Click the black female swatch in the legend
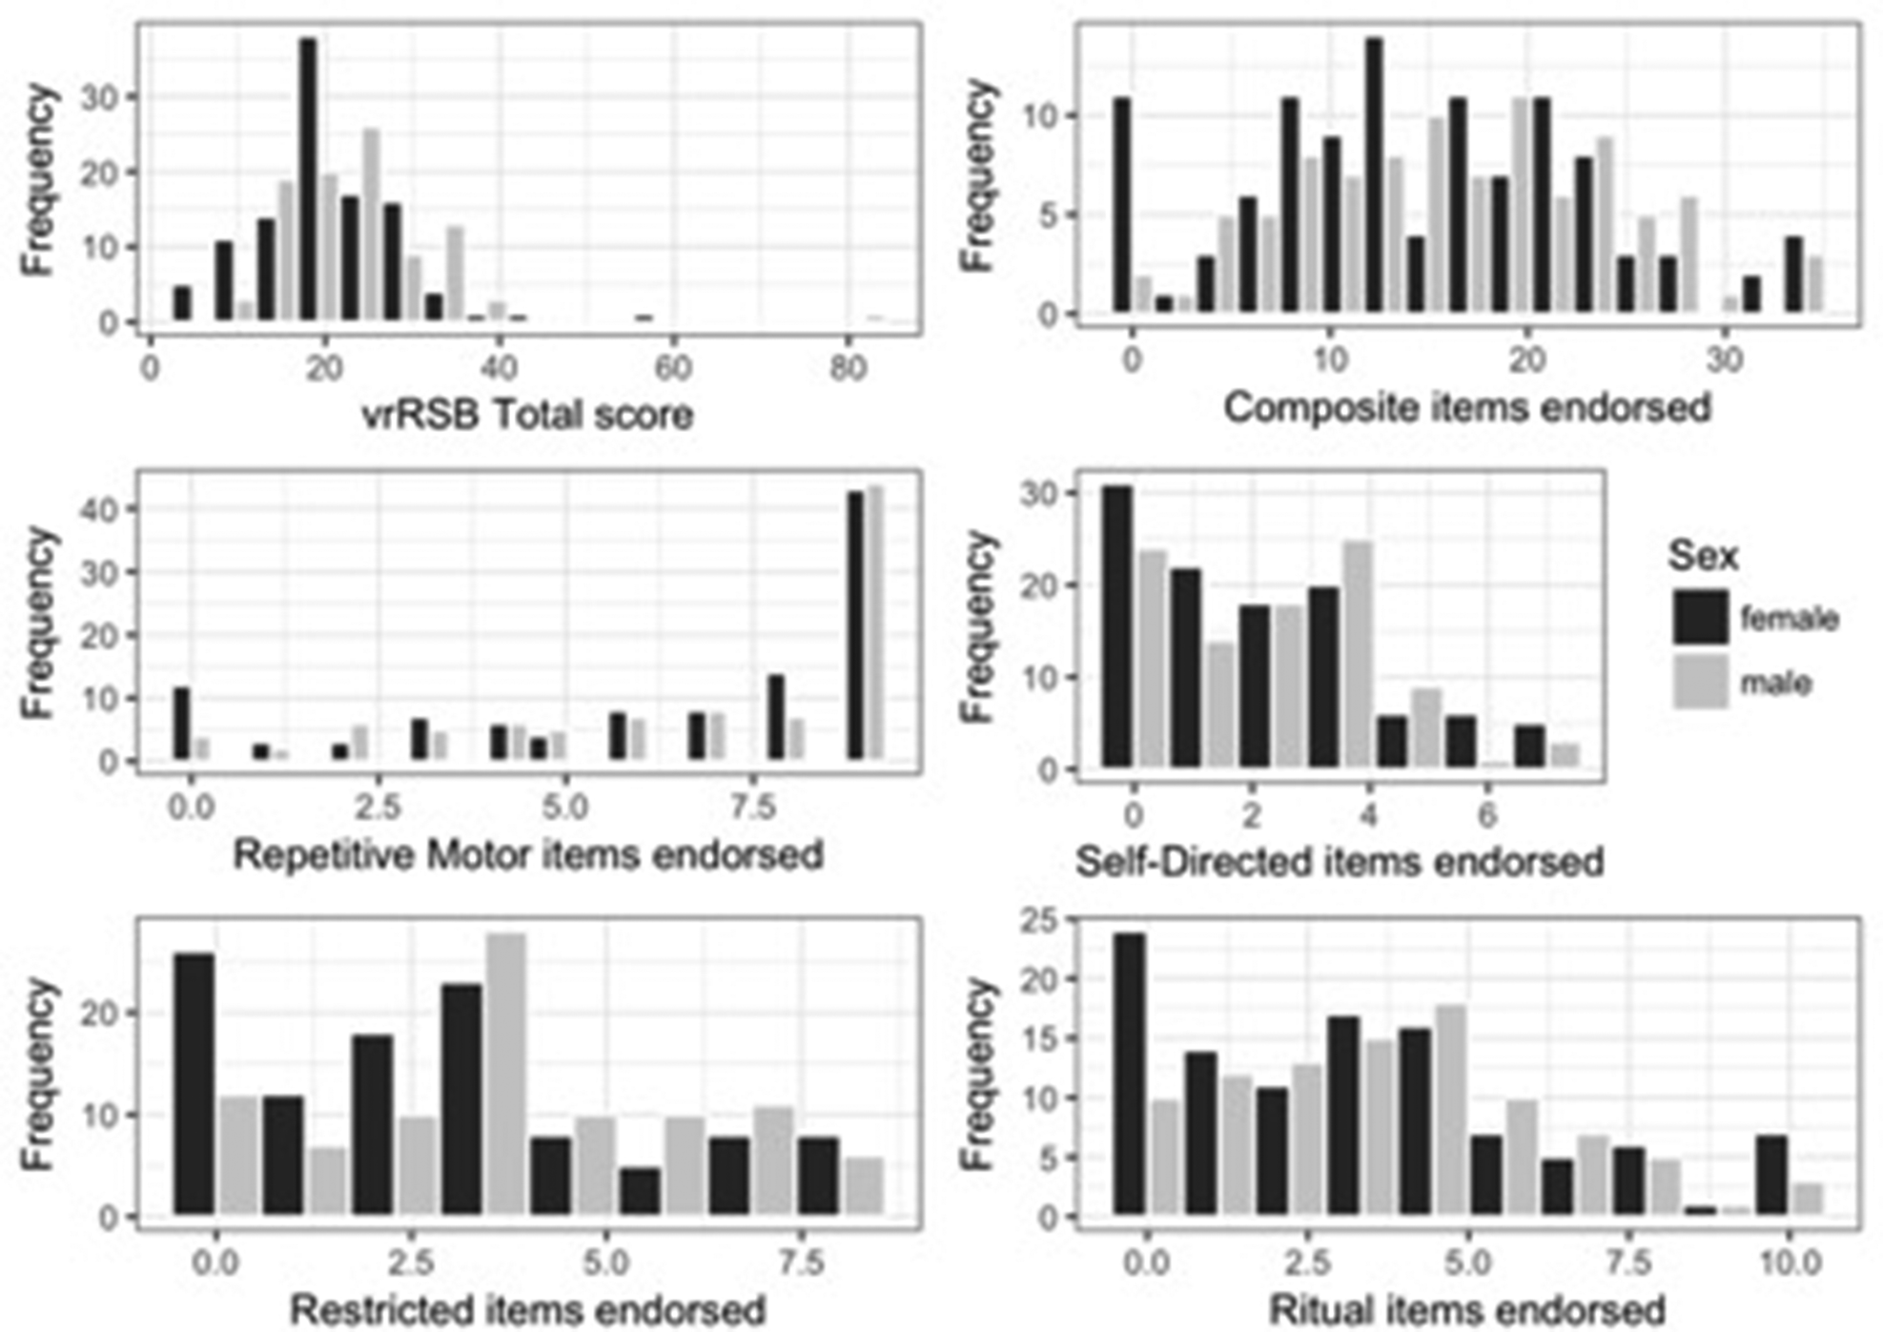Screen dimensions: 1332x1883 click(1700, 617)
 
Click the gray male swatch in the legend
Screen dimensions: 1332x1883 click(1700, 683)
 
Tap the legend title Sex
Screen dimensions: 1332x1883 click(1703, 556)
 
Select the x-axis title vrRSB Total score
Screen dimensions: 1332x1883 click(528, 415)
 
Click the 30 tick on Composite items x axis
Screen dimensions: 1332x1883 click(1724, 361)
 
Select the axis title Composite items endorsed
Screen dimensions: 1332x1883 click(1467, 408)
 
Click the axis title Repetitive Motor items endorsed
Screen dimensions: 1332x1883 click(528, 854)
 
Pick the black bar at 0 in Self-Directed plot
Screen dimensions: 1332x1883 click(1117, 626)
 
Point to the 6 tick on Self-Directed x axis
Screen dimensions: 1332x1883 click(1486, 816)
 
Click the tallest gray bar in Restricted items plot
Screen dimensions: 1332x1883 click(505, 1074)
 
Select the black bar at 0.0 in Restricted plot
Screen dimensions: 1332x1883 click(194, 1084)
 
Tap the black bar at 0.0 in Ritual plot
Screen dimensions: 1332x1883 click(1130, 1074)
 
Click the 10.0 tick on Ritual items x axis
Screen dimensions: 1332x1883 click(1788, 1263)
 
